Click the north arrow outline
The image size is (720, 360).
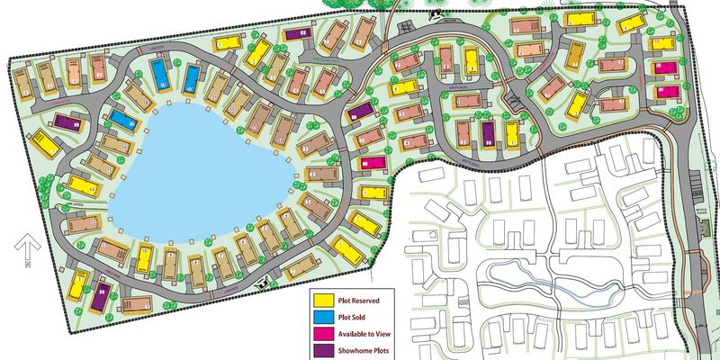(x=27, y=244)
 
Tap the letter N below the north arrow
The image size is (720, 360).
(x=28, y=265)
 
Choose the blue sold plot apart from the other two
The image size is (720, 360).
(x=121, y=120)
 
